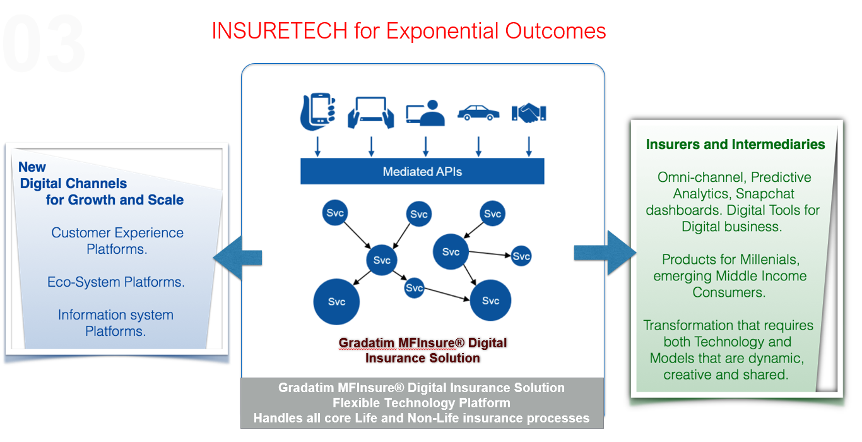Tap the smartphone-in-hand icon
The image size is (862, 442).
coord(317,111)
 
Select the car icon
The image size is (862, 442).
coord(478,112)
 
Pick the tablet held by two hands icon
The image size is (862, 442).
coord(371,112)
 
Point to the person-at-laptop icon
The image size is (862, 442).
coord(425,112)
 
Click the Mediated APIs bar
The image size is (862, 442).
coord(422,171)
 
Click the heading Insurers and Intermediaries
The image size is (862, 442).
coord(735,145)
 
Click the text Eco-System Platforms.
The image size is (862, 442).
coord(116,282)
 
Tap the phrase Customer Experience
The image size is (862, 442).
coord(117,233)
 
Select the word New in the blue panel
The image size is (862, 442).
coord(32,167)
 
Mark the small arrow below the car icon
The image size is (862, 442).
coord(478,146)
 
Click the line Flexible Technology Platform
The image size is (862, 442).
coord(422,403)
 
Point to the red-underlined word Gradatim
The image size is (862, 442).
coord(367,343)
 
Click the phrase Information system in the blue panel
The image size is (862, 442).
coord(115,315)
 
